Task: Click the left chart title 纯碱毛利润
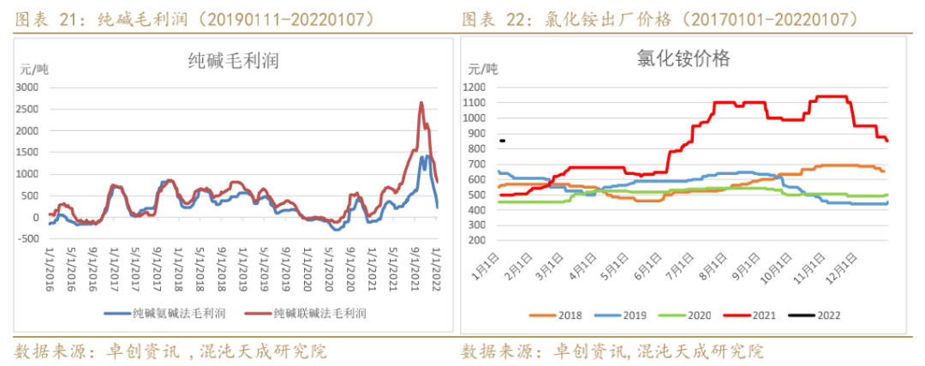[233, 60]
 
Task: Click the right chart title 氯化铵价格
[683, 58]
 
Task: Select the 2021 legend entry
[755, 315]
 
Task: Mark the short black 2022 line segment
[503, 141]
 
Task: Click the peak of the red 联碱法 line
[421, 103]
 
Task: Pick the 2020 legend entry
[689, 315]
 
